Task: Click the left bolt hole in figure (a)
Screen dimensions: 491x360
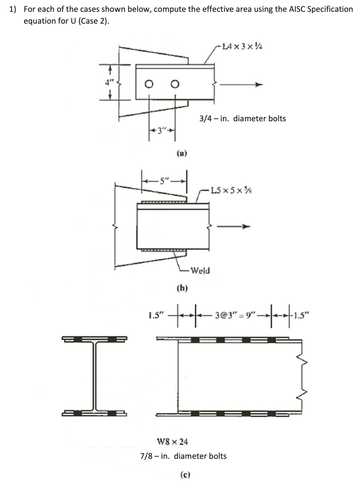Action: [149, 85]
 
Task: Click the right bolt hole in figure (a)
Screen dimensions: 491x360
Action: [175, 85]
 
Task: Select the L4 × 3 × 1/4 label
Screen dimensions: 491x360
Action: [242, 47]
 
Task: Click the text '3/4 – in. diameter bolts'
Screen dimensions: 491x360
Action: [242, 119]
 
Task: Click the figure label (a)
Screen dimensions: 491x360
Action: [182, 153]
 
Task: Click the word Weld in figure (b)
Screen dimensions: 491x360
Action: [200, 271]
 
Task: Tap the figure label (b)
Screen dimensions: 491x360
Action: [182, 288]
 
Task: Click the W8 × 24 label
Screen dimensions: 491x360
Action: [173, 441]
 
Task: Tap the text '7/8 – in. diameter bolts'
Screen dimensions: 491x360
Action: [183, 456]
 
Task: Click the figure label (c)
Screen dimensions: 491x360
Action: [185, 474]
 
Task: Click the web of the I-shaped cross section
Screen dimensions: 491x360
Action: [95, 375]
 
